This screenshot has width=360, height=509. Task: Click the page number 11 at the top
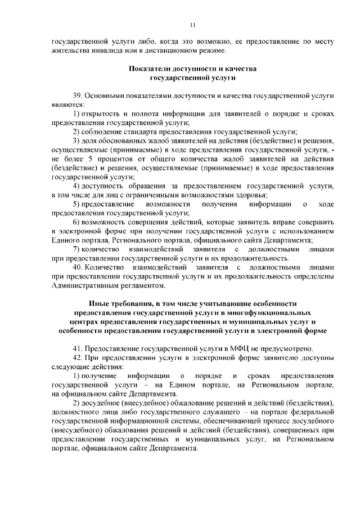pos(192,25)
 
